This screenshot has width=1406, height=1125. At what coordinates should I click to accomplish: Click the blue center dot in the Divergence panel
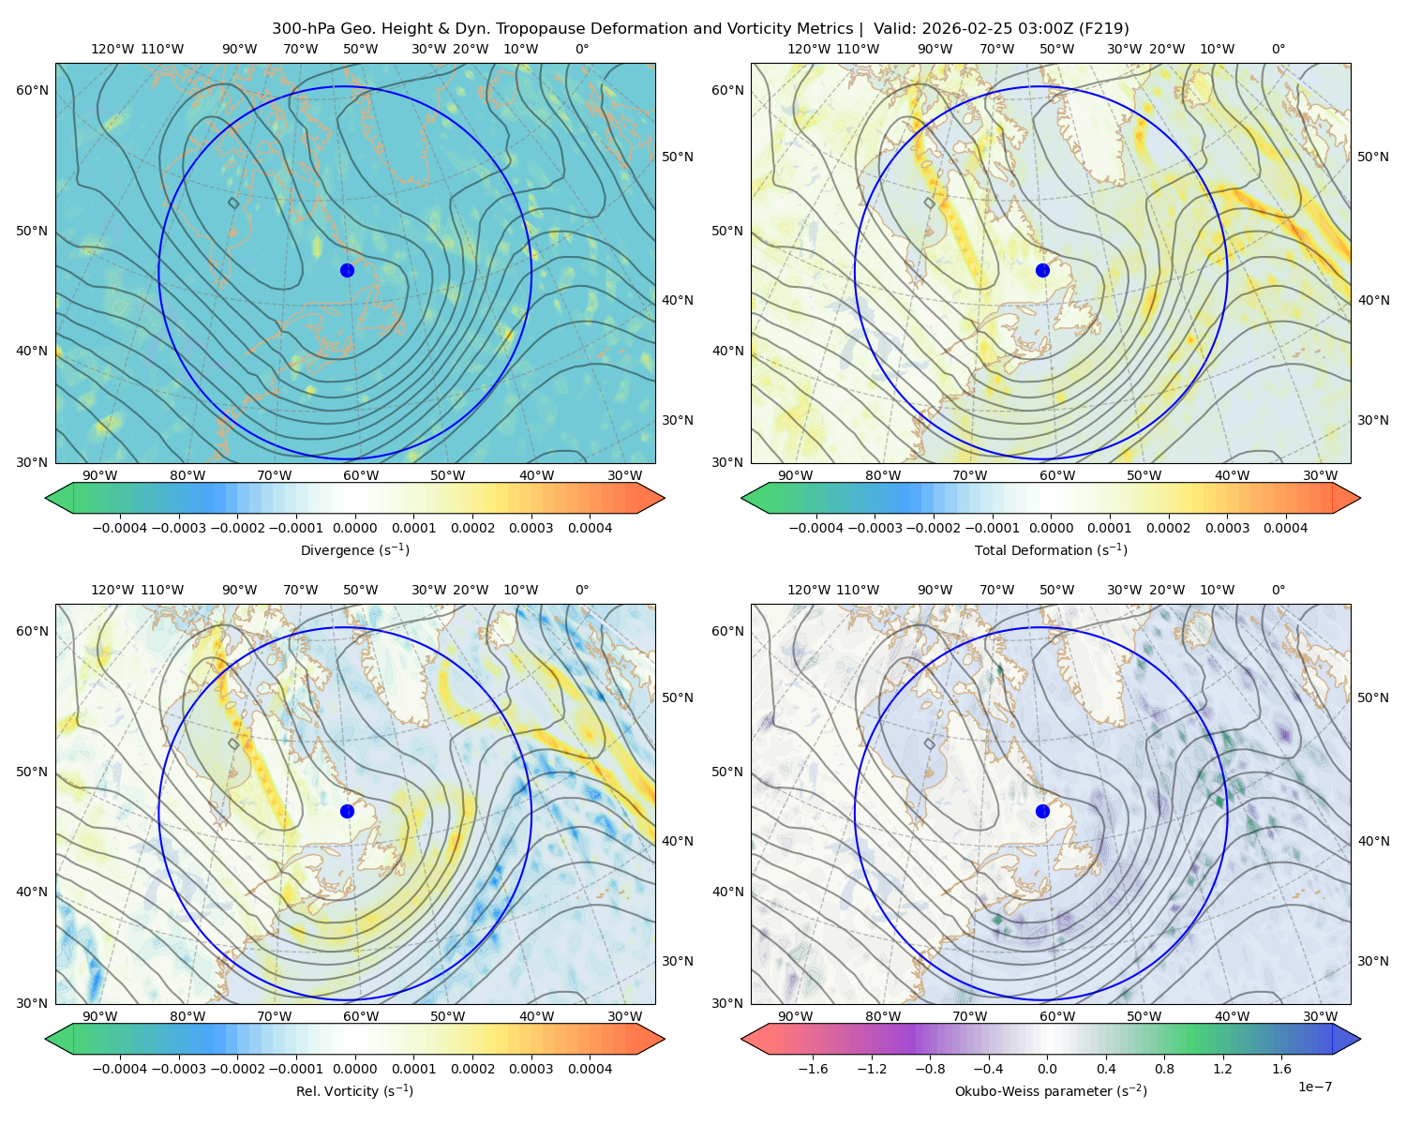tap(347, 270)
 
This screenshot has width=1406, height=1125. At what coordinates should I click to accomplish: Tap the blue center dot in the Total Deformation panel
tap(1042, 270)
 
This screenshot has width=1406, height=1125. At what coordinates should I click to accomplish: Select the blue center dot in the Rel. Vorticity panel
tap(347, 811)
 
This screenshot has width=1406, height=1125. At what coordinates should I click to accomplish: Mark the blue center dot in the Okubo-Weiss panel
tap(1042, 811)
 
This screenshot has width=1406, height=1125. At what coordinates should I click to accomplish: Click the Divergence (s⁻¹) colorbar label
tap(354, 549)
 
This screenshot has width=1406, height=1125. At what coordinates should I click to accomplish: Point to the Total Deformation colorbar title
tap(1051, 549)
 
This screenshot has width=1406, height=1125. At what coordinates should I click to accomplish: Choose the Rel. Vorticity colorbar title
tap(354, 1090)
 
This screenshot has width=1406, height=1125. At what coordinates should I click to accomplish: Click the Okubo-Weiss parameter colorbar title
tap(1051, 1090)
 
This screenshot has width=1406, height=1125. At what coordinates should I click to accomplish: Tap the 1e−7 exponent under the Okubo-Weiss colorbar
tap(1314, 1087)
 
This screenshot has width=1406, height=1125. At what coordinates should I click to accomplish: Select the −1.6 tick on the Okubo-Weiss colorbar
tap(813, 1068)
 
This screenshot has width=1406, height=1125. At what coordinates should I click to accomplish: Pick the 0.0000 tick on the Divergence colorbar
tap(354, 528)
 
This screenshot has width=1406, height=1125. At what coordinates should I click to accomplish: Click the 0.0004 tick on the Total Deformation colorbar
tap(1285, 528)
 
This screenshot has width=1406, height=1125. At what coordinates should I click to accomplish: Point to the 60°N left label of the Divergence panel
tap(32, 90)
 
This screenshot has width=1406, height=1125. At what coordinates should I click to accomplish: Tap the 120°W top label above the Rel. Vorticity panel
tap(112, 590)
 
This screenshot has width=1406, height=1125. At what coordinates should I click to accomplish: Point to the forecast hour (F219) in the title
tap(1103, 29)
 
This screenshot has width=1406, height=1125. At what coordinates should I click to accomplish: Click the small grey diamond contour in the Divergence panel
tap(233, 202)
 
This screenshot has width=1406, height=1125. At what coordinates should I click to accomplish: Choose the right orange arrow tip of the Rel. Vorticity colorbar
tap(664, 1039)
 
